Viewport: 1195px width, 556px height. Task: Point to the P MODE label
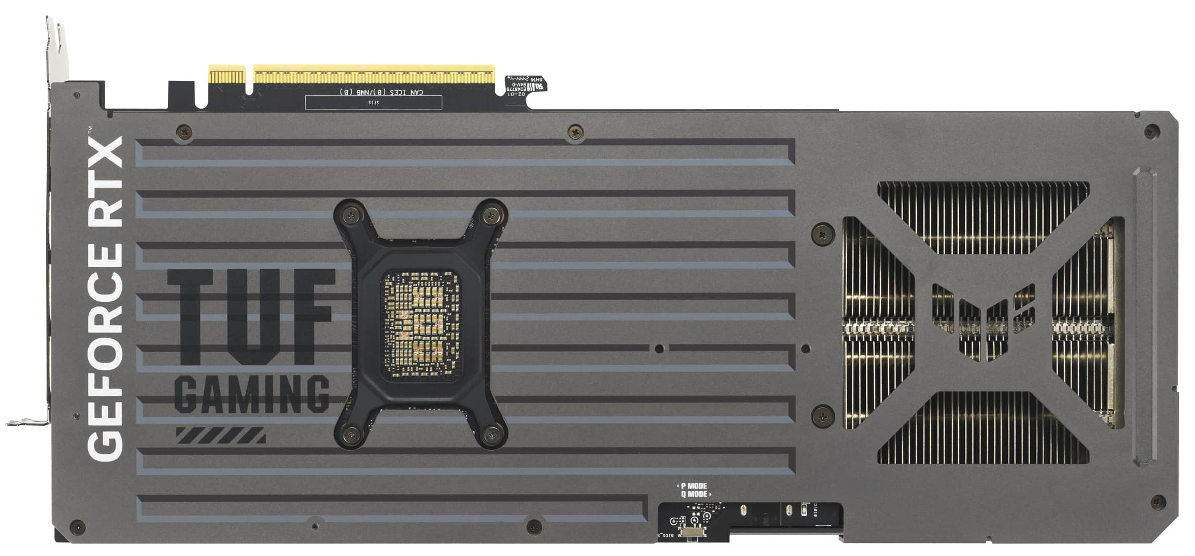coord(693,486)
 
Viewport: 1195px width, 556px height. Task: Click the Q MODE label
coord(695,494)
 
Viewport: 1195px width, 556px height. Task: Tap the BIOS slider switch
coord(693,532)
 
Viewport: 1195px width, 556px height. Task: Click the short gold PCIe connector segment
coord(227,75)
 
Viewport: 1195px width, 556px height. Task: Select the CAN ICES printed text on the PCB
coord(382,92)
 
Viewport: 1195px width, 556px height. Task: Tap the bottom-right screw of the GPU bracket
coord(491,435)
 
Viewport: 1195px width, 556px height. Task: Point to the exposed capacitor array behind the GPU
coord(421,324)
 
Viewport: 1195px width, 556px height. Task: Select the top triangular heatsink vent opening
coord(983,213)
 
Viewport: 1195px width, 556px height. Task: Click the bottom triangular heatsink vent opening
coord(983,430)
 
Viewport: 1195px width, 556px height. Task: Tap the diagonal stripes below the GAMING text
coord(221,435)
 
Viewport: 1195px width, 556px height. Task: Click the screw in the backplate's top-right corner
coord(1152,131)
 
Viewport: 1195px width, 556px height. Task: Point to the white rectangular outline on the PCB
coord(373,103)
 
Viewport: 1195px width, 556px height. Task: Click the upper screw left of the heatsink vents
coord(823,234)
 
